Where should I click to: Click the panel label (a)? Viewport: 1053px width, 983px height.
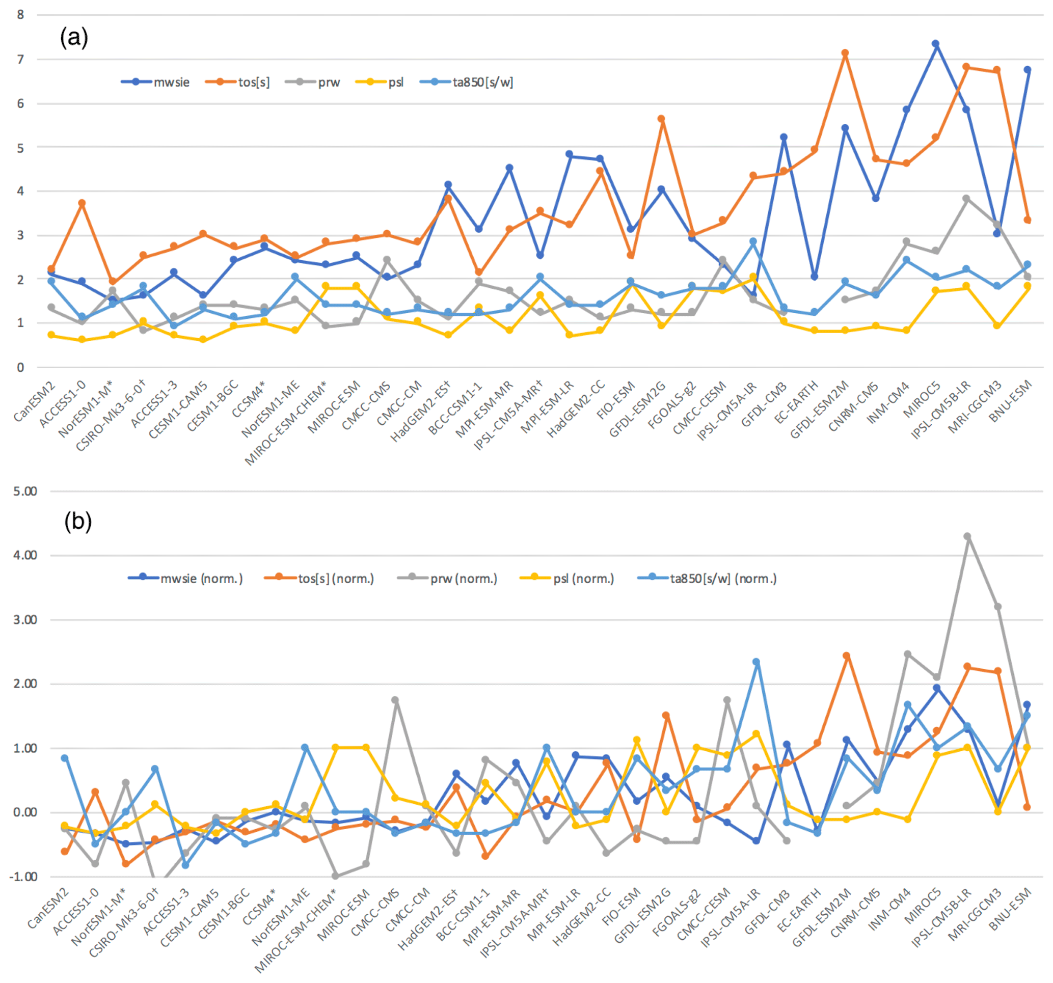[x=74, y=38]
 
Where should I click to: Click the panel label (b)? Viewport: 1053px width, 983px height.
[x=78, y=521]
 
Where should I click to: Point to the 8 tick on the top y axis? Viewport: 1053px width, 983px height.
[x=20, y=15]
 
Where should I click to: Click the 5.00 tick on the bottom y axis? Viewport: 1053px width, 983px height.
[x=25, y=491]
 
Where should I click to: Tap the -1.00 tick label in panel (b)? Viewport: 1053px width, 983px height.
[x=23, y=877]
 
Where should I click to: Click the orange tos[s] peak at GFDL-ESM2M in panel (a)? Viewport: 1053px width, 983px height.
[x=845, y=53]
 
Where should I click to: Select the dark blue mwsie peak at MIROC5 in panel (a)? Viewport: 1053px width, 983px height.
[x=936, y=44]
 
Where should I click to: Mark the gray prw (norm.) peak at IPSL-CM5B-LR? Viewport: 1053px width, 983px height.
[x=967, y=536]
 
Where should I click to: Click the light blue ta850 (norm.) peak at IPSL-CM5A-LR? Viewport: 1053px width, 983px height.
[x=757, y=662]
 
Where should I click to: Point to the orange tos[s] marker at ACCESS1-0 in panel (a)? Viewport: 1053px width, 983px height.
[x=82, y=203]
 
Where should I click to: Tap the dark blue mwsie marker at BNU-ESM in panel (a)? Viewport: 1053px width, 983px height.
[x=1028, y=69]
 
